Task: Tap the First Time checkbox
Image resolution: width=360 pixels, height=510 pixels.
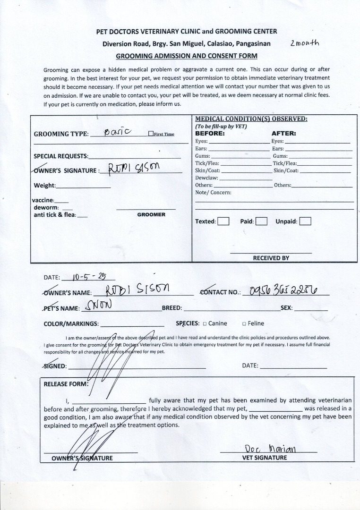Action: (151, 134)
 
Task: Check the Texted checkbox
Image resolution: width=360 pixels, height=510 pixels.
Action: (224, 221)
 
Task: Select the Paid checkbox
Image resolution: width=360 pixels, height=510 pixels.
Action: (262, 221)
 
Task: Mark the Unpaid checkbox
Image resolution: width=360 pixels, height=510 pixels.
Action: (305, 221)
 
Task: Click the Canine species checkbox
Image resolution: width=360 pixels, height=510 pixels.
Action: (205, 324)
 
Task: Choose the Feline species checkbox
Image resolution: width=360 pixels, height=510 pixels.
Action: (244, 324)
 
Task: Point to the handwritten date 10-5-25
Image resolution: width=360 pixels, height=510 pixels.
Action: (87, 276)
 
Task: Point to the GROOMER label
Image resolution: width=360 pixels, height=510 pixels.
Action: (151, 214)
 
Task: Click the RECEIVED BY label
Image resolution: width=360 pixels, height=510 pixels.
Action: (271, 258)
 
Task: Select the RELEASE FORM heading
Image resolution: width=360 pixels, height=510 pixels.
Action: (66, 384)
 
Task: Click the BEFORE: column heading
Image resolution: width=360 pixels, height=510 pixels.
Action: (210, 134)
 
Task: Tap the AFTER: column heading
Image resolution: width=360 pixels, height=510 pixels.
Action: (283, 134)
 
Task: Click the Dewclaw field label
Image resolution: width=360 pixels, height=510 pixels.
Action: (206, 178)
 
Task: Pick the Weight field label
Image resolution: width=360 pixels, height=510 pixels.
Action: (44, 186)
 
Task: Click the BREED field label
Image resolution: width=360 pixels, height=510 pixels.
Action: (172, 308)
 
